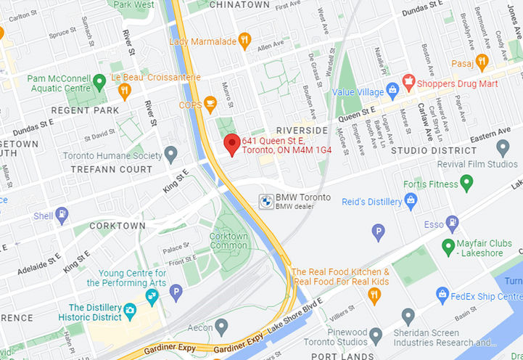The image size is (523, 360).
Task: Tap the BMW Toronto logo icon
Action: click(x=265, y=200)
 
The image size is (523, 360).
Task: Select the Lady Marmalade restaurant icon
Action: click(x=244, y=41)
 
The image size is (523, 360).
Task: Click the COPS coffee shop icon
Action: click(x=210, y=105)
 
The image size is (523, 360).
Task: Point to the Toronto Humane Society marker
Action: click(x=171, y=154)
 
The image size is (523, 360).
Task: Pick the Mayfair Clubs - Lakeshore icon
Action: click(x=448, y=248)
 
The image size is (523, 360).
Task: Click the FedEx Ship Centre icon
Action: click(x=442, y=295)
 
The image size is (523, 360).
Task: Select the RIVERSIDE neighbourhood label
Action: click(x=297, y=131)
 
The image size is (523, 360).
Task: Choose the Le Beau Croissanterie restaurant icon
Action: click(x=124, y=91)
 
